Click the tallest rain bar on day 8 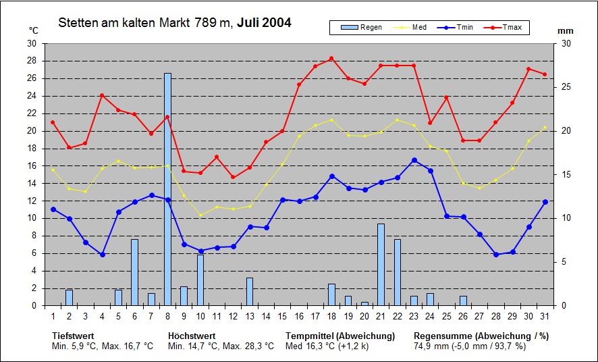(x=167, y=189)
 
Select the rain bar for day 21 (x=381, y=265)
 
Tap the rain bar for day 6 (x=134, y=272)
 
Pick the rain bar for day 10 (x=200, y=280)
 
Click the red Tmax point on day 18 (x=331, y=59)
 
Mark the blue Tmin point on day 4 (x=102, y=255)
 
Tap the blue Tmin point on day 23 (x=414, y=160)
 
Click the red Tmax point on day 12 (x=233, y=177)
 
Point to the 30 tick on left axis (x=32, y=44)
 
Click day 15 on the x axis (x=282, y=315)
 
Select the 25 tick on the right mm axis (x=566, y=88)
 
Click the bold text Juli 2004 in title (x=264, y=23)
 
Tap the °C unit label (x=34, y=30)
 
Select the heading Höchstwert (x=192, y=336)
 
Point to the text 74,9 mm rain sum (x=431, y=346)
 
